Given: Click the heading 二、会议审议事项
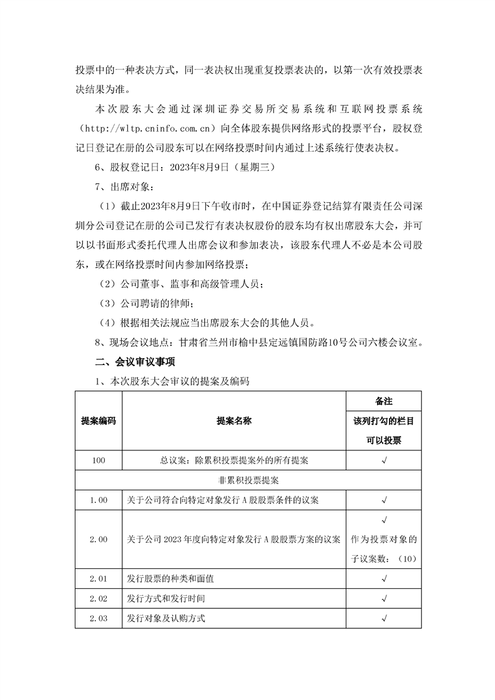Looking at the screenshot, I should (x=130, y=362).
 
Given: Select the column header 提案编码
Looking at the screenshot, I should (x=99, y=421).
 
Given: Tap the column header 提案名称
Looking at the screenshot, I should (x=233, y=421).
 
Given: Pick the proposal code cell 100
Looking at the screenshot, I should (x=99, y=460).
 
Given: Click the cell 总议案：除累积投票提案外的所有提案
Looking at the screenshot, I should (x=233, y=460).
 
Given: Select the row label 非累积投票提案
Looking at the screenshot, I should (x=248, y=480).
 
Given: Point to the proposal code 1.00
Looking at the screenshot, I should (x=99, y=500).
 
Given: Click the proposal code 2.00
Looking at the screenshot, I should (x=99, y=539).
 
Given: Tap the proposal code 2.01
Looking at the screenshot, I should (x=99, y=578).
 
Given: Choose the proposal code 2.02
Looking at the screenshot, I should (x=99, y=598).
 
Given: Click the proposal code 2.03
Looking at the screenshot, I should (x=99, y=618).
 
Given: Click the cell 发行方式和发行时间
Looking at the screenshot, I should (x=165, y=598).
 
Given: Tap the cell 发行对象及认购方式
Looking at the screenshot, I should (x=165, y=618).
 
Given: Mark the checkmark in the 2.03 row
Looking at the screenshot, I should (x=384, y=618).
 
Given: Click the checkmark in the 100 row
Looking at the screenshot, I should (x=384, y=460).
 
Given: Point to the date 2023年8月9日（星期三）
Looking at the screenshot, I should (x=211, y=168).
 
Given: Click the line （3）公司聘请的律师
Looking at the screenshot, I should (x=147, y=304).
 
